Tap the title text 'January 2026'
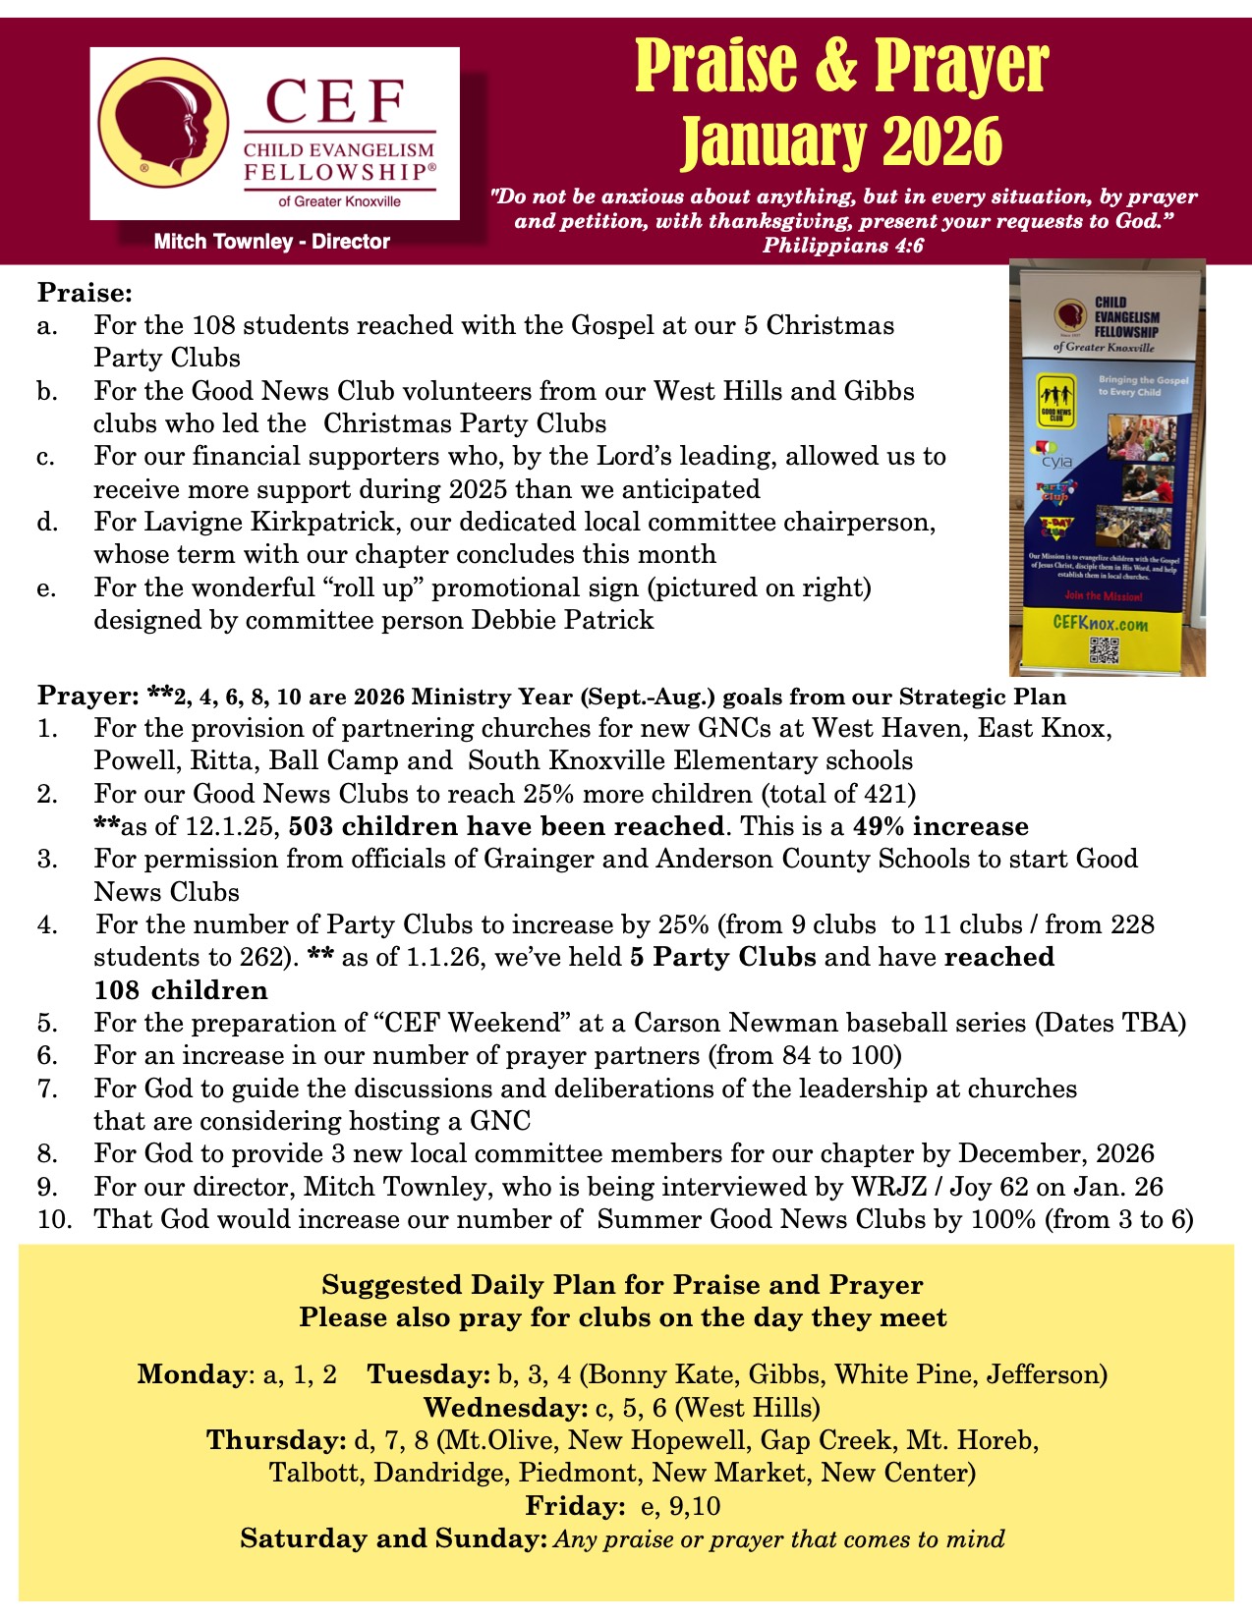click(841, 142)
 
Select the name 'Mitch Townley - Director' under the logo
click(272, 242)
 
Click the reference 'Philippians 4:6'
click(843, 246)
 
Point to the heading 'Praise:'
click(85, 293)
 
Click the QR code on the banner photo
click(1104, 650)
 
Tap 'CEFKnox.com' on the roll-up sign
click(1100, 623)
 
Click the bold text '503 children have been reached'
click(505, 826)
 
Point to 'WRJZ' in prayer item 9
click(888, 1187)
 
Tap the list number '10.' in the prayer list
click(55, 1219)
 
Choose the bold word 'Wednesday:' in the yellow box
click(505, 1407)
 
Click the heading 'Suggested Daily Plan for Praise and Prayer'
click(622, 1285)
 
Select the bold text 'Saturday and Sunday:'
click(393, 1537)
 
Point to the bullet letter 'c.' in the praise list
click(47, 457)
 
